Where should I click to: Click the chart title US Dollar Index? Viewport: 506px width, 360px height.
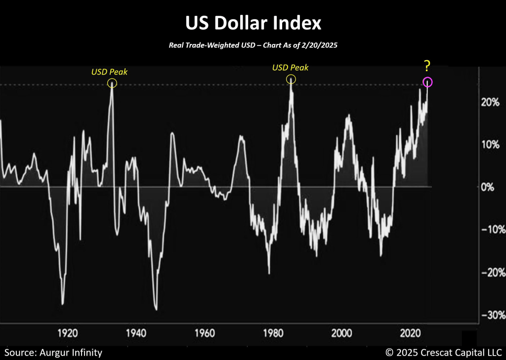pos(253,23)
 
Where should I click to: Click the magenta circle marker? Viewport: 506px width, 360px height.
pos(427,82)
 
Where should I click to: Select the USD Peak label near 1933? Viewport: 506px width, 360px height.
pos(109,72)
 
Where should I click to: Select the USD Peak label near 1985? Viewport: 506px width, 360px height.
pos(290,68)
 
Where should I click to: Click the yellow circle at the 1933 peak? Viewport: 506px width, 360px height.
pos(112,83)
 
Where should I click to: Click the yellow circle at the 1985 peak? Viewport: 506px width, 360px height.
pos(291,79)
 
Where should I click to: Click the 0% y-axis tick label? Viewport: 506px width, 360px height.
pos(492,188)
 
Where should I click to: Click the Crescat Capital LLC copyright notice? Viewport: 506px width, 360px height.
pos(443,352)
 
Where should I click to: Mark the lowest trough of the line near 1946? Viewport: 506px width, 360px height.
pos(156,310)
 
